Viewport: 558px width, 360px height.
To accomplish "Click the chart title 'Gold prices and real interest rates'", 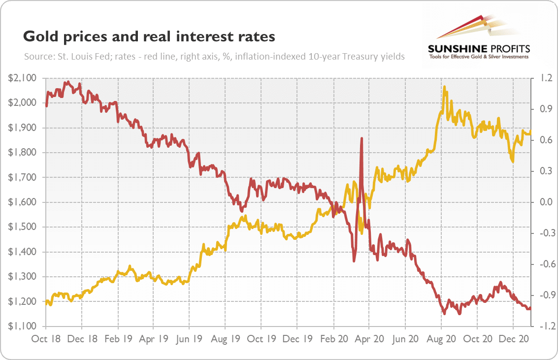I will pos(149,37).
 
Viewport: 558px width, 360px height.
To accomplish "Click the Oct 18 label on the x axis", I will pos(46,339).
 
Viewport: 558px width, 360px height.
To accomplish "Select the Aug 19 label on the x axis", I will pos(225,339).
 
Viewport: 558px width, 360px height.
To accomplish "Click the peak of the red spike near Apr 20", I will pos(362,138).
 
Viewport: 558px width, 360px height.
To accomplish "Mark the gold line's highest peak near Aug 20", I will pos(445,87).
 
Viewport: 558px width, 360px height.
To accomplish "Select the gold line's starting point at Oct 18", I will pos(46,301).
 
